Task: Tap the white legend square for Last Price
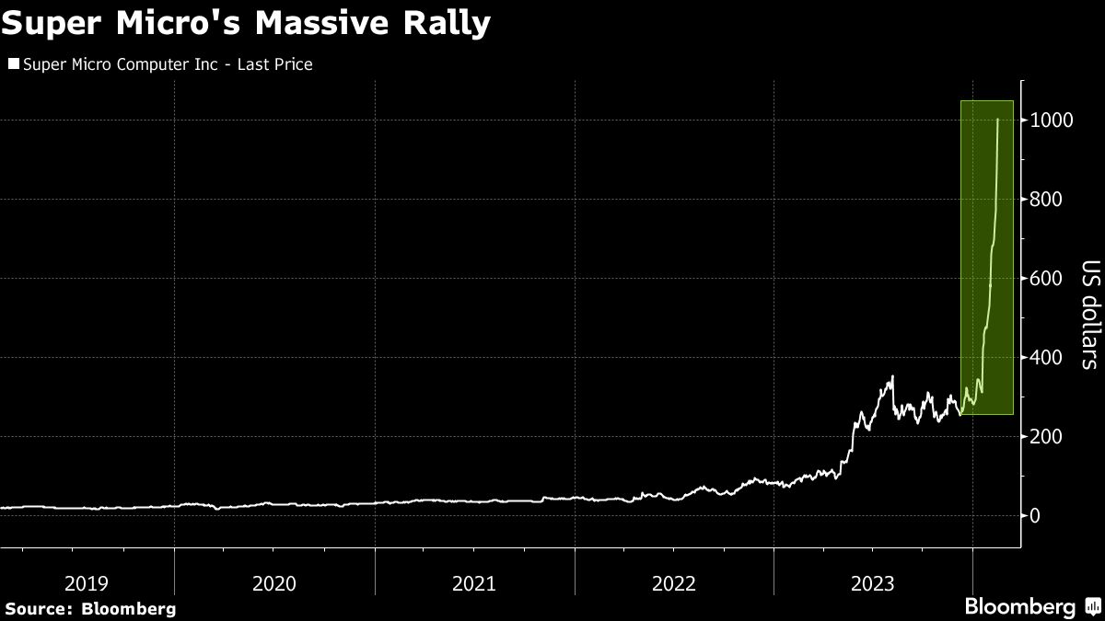point(13,64)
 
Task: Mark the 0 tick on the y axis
point(1037,516)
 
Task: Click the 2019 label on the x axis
point(87,583)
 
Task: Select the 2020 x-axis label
point(273,583)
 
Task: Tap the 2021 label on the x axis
point(473,583)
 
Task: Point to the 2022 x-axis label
point(673,583)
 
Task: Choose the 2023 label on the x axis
point(873,583)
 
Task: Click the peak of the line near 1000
point(998,120)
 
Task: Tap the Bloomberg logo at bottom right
point(1031,606)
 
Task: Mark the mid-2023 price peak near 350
point(891,376)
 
